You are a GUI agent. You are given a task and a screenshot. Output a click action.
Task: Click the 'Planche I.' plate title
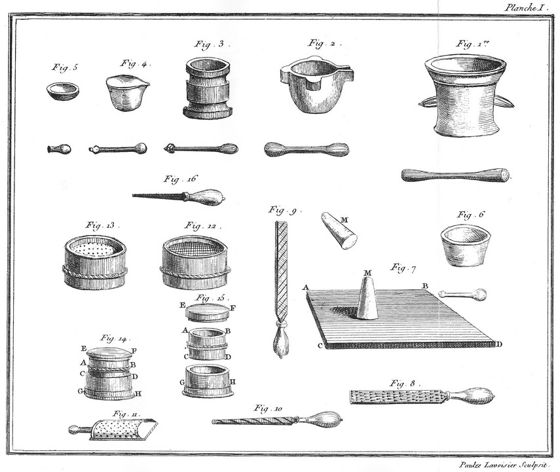point(526,8)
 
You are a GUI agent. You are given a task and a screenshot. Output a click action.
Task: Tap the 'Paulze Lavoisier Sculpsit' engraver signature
point(503,465)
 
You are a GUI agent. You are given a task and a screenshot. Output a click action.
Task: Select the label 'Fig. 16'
point(180,179)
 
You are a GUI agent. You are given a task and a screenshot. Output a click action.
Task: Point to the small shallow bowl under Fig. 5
point(62,91)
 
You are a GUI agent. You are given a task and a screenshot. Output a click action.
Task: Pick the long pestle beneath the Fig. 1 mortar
point(456,175)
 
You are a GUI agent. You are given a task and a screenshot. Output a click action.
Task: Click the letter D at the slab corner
point(499,344)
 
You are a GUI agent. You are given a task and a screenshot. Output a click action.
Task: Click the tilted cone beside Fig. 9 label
point(339,230)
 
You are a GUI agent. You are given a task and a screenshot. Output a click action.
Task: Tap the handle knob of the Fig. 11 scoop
point(73,429)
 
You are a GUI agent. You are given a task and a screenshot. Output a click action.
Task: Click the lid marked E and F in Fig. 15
point(208,313)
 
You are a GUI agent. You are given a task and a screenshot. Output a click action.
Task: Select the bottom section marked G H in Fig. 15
point(208,380)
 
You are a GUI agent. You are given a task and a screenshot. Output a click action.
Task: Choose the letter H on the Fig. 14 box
point(139,394)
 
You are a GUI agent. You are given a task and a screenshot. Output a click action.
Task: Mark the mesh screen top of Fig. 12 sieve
point(195,246)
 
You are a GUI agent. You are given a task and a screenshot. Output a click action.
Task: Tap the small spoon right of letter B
point(462,294)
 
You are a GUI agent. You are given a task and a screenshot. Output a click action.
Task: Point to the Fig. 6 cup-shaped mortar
point(464,245)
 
